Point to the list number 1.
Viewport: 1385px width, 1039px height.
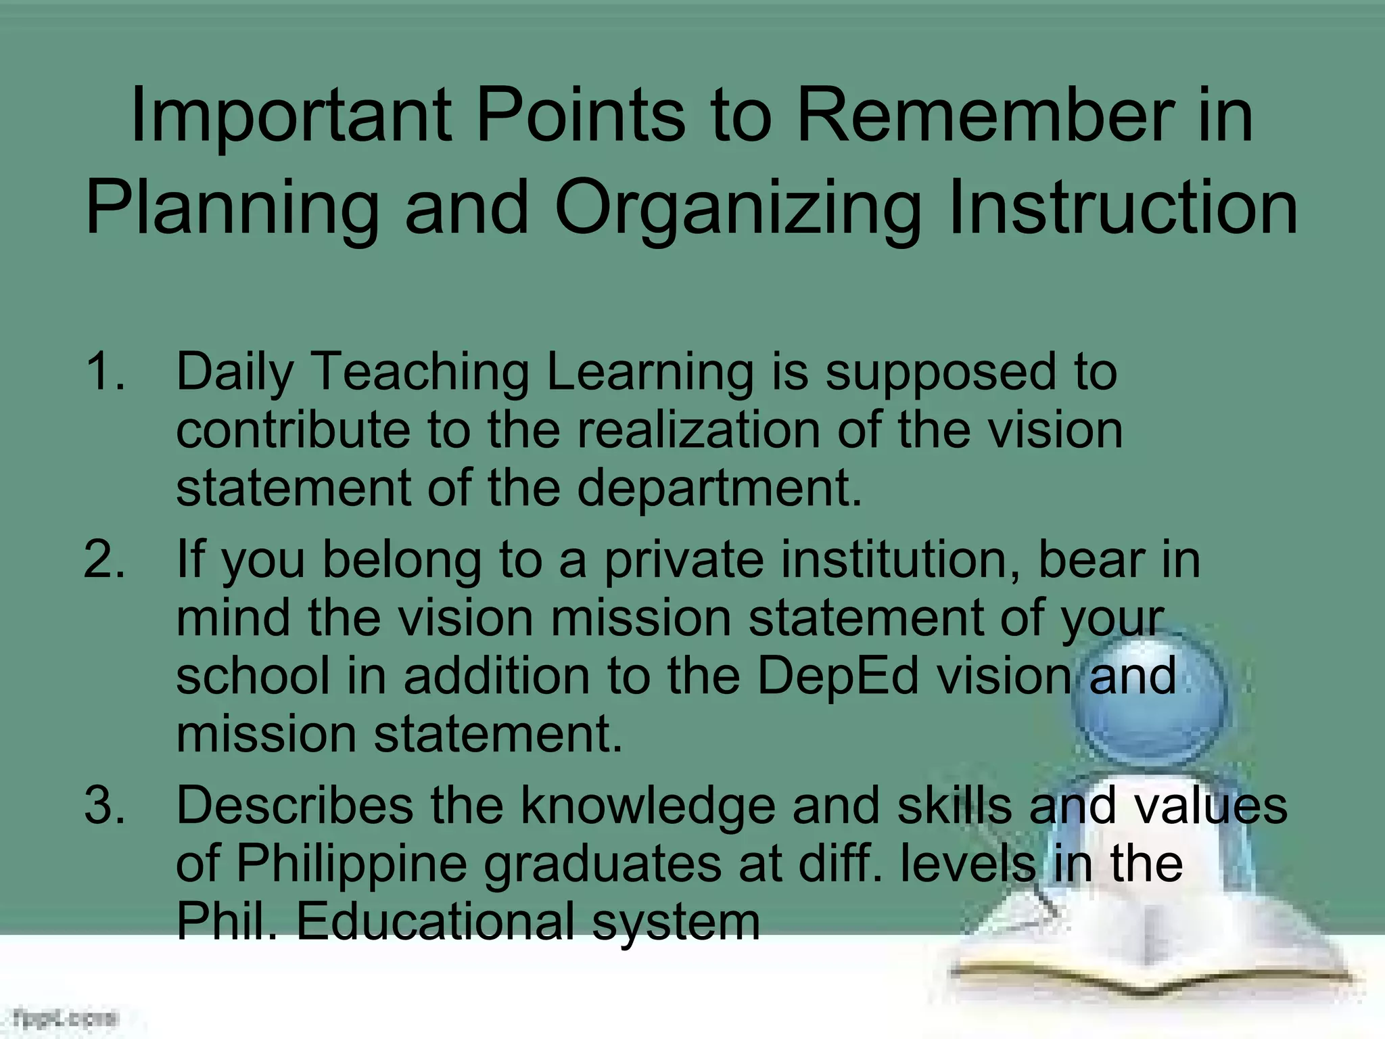[x=105, y=371]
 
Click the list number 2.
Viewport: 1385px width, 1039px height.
[x=105, y=560]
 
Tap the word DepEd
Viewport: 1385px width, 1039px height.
[x=837, y=676]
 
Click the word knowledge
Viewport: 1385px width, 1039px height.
[x=647, y=806]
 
